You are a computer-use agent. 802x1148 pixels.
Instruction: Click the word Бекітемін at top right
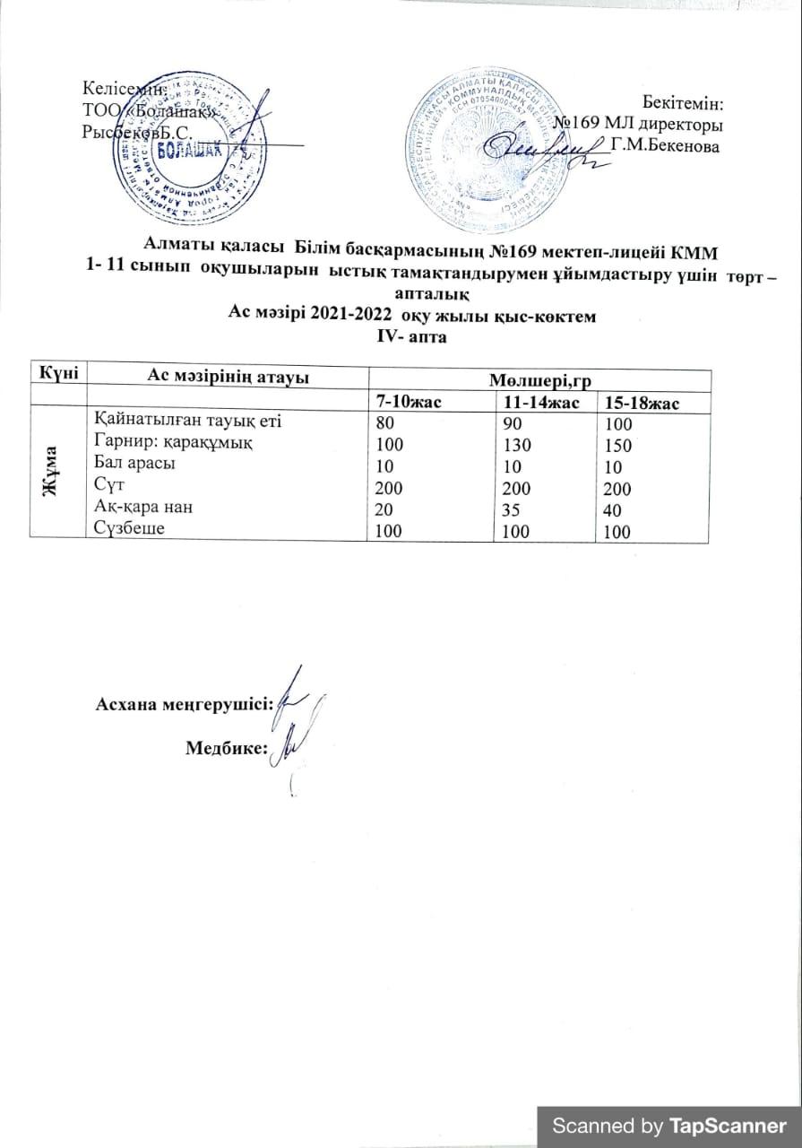pos(684,103)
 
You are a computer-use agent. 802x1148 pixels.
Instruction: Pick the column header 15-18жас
pos(642,404)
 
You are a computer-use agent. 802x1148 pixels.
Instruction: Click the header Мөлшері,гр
pos(540,381)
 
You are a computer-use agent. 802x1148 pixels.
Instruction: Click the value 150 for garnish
pos(618,446)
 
